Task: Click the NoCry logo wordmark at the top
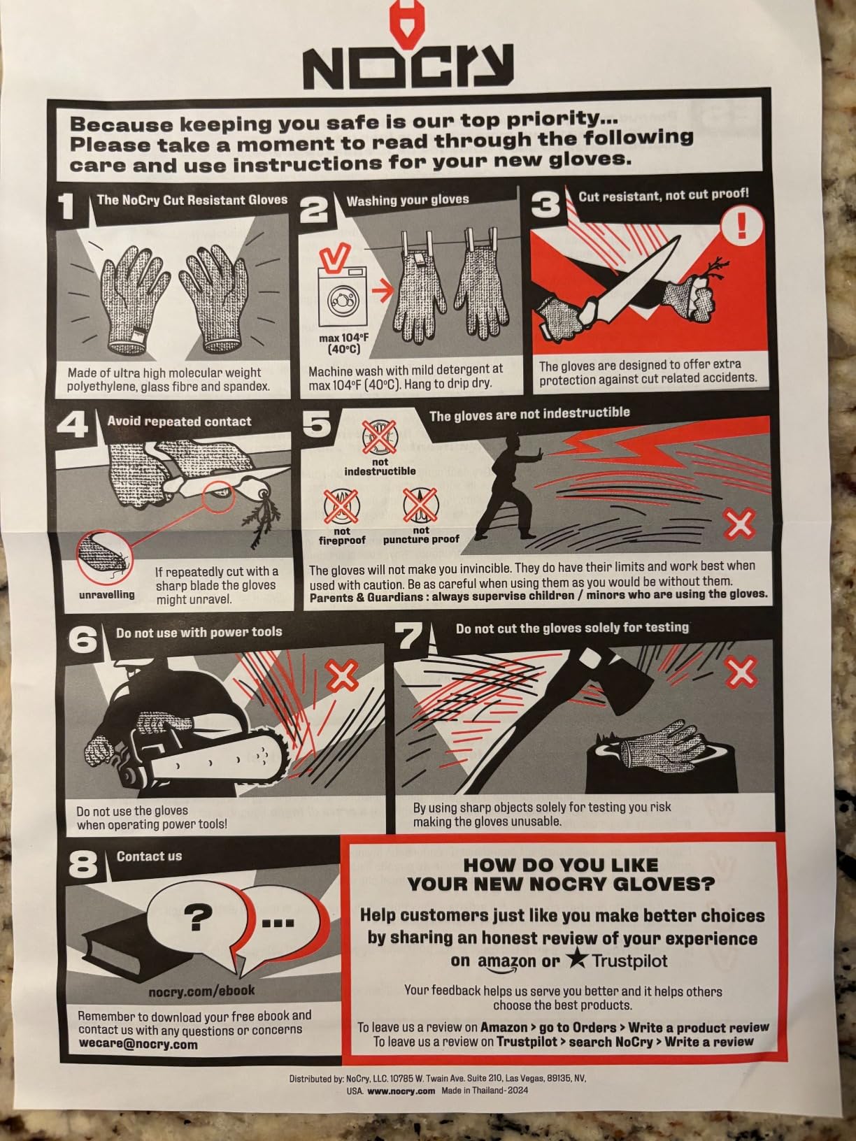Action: [408, 66]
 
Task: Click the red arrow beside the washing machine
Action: [383, 292]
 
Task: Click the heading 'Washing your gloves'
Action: [408, 200]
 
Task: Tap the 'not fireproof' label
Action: [342, 536]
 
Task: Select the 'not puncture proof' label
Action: [421, 535]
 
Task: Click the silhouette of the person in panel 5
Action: [507, 487]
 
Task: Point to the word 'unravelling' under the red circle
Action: [106, 595]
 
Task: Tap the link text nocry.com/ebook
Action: [201, 990]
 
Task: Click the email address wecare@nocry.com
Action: [138, 1045]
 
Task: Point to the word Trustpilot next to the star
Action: [629, 961]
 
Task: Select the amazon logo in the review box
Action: [507, 961]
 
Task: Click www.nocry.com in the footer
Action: [401, 1090]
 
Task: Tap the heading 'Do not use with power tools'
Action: [199, 632]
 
